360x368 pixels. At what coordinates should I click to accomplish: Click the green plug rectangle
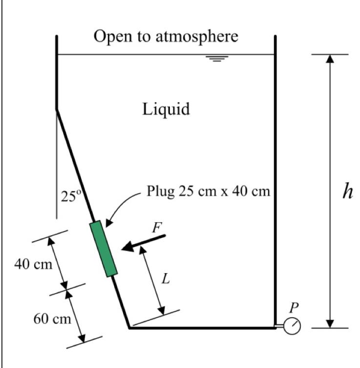(x=104, y=249)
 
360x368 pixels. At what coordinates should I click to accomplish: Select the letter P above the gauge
(x=293, y=308)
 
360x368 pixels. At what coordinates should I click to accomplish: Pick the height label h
(x=347, y=191)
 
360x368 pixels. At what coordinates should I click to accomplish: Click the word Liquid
(x=166, y=109)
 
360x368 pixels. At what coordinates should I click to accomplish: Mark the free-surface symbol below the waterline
(x=217, y=59)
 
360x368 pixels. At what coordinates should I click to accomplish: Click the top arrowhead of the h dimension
(x=330, y=59)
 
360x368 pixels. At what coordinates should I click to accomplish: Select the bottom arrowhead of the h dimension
(x=330, y=323)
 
